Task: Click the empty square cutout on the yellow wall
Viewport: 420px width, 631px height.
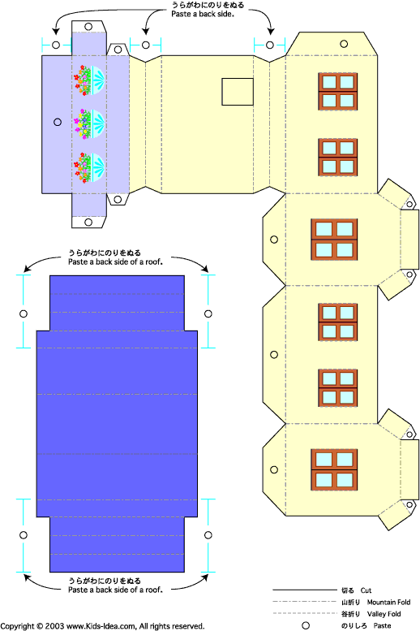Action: click(x=238, y=92)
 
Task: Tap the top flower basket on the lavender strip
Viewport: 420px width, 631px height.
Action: click(x=89, y=80)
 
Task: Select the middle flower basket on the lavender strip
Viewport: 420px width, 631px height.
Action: click(x=89, y=123)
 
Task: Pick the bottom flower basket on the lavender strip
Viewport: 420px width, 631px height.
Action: click(x=89, y=167)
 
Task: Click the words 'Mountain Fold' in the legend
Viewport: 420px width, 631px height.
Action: click(x=388, y=603)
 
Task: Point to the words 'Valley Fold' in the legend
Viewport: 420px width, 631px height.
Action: click(x=384, y=614)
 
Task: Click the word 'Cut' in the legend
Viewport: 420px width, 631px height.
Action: click(x=366, y=590)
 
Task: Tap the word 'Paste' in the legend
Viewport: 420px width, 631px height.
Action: click(x=382, y=626)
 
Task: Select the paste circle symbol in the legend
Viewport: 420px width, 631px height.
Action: click(x=306, y=626)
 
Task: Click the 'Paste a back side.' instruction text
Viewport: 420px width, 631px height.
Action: click(x=202, y=14)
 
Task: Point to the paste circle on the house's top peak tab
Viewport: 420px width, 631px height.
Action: click(x=344, y=44)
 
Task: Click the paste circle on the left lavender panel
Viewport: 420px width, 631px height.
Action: click(x=58, y=122)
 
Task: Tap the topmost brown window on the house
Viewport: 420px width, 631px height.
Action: click(x=337, y=91)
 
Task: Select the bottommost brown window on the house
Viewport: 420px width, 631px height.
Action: click(x=334, y=470)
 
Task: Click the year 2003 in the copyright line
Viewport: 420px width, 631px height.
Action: click(x=54, y=626)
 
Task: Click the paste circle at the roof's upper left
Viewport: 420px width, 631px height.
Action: click(x=24, y=313)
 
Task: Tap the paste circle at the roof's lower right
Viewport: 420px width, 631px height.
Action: click(x=208, y=535)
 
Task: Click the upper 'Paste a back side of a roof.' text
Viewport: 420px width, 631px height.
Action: click(x=115, y=262)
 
